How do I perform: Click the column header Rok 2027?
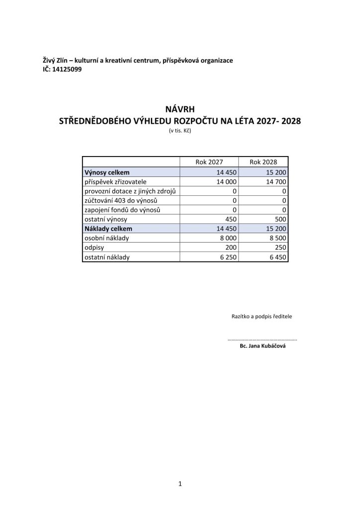tap(209, 162)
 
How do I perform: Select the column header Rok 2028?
tap(263, 162)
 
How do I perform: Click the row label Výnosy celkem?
tap(107, 172)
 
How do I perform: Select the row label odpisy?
tap(94, 248)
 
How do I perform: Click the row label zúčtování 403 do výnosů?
tap(121, 200)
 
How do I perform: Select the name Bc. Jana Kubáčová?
tap(263, 347)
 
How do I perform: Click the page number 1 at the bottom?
tap(180, 483)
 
